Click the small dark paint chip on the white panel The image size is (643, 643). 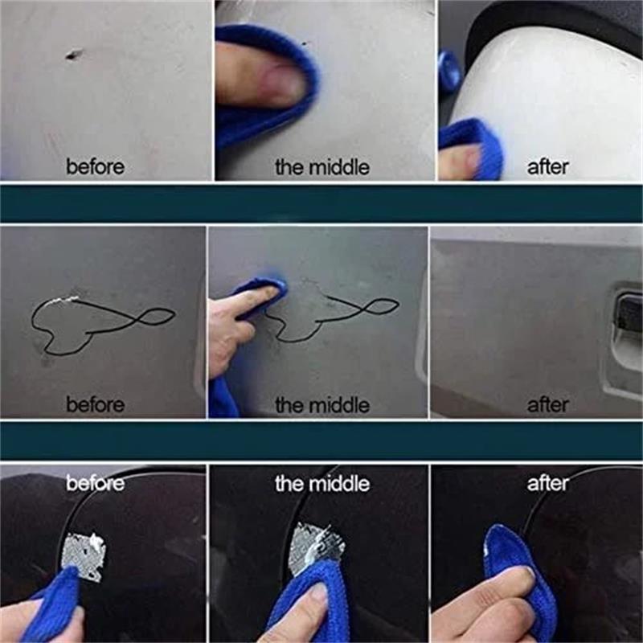coord(74,55)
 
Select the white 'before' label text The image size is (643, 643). coord(95,484)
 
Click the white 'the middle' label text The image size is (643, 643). coord(321,484)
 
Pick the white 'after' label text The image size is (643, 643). coord(547,484)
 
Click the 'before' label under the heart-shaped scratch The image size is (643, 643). coord(95,404)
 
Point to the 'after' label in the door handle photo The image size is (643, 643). coord(547,404)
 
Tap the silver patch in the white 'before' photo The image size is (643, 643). coord(84,555)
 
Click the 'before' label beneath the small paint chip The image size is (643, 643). coord(95,167)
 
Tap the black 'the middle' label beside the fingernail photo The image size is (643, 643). coord(321,167)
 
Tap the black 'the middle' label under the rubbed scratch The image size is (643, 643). coord(321,404)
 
